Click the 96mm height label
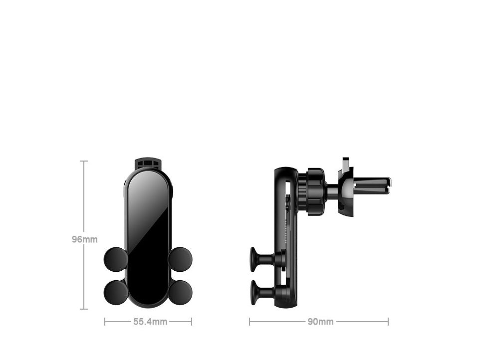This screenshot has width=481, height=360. point(84,239)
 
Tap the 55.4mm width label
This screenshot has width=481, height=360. point(150,322)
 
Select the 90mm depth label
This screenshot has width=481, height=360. point(320,322)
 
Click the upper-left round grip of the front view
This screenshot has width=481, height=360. point(116,259)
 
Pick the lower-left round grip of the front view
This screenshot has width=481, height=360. point(116,292)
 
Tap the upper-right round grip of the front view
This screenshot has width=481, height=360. point(180,259)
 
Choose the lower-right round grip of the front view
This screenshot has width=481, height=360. point(180,292)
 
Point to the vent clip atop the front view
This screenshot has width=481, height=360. point(148,163)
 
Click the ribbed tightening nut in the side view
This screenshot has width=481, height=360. point(315,191)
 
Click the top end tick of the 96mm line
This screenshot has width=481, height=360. point(84,161)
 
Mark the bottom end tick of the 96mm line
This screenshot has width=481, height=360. point(84,309)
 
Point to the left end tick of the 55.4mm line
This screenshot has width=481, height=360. point(105,322)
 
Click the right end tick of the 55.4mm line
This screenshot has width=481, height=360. point(191,322)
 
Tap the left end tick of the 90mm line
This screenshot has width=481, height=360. point(249,322)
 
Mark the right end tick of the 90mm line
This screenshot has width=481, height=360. point(388,322)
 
